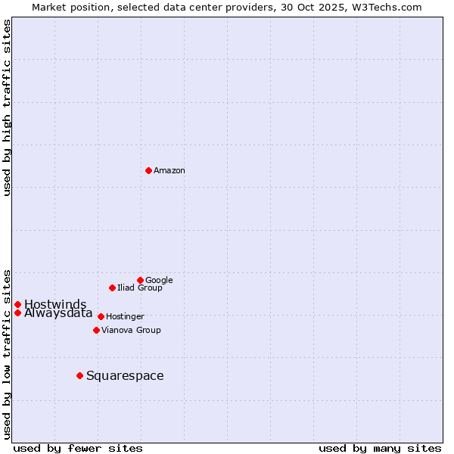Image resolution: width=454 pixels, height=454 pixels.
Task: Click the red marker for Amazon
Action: pos(148,170)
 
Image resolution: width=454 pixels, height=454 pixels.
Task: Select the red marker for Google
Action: pos(140,280)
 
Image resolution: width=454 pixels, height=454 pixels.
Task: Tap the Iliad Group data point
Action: pos(112,288)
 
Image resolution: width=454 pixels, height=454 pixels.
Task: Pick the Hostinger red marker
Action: pos(101,316)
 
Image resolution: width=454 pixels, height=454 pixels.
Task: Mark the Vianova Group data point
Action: pos(96,330)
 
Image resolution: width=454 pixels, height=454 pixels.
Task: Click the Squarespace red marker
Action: pos(79,375)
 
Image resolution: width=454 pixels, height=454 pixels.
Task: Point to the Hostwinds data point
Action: pos(17,304)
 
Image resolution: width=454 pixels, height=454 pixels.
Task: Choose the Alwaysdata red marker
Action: pos(17,313)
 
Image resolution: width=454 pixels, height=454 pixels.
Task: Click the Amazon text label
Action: pos(169,171)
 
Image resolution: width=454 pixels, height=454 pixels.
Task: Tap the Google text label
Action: pos(159,281)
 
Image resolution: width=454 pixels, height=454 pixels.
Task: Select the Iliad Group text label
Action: pos(140,288)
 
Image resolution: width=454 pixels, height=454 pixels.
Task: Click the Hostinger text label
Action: pos(125,317)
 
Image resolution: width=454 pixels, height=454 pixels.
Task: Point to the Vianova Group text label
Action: pos(131,331)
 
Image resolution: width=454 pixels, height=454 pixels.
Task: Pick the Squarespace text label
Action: pos(125,376)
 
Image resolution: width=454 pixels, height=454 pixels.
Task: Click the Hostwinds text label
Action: pos(55,305)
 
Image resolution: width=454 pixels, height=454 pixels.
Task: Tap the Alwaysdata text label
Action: pos(58,313)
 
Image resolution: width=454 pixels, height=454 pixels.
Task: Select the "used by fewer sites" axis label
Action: pos(78,448)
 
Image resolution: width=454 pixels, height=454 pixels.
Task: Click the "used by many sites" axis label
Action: pos(380,448)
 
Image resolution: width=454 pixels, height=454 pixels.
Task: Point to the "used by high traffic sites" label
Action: pos(7,107)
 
